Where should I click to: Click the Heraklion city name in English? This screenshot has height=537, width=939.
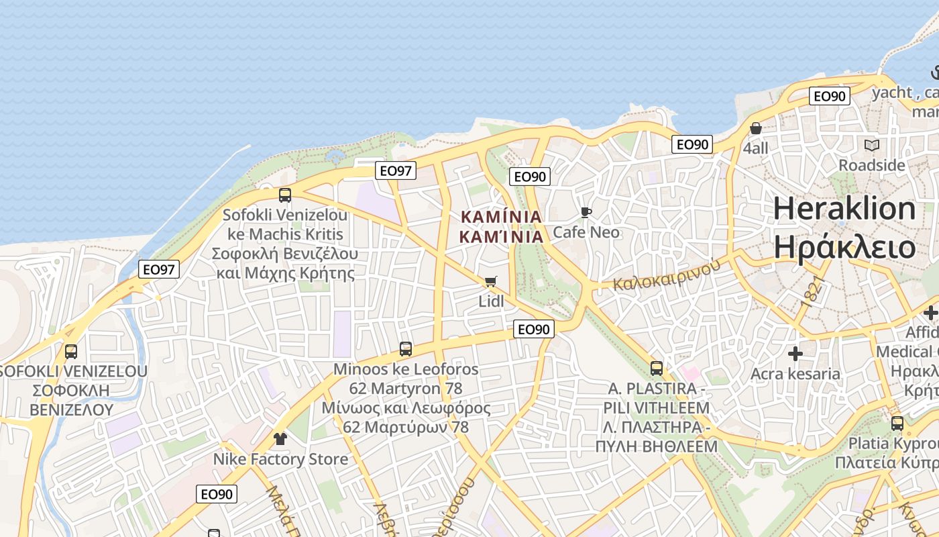pos(844,209)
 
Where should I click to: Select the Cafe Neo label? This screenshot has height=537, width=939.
pos(586,232)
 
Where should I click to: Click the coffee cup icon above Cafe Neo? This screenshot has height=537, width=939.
pos(586,213)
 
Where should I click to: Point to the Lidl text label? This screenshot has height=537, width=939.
pos(491,301)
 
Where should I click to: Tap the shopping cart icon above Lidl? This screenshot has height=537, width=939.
pos(491,281)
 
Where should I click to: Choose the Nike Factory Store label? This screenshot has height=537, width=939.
pos(280,459)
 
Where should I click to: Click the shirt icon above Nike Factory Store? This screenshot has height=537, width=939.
pos(280,439)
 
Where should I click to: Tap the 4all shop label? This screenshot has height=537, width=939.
pos(756,148)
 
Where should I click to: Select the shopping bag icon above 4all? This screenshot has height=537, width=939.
pos(756,128)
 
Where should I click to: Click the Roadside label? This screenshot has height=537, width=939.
pos(871,165)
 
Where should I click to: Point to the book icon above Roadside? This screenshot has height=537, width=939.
pos(871,145)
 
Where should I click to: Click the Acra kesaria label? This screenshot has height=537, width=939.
pos(795,374)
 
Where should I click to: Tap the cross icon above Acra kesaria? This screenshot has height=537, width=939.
pos(795,354)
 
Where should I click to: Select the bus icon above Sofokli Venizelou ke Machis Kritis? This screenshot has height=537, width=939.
pos(285,195)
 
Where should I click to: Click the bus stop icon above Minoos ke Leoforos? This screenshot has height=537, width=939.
pos(406,349)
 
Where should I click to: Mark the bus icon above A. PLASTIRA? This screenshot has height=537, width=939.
pos(657,369)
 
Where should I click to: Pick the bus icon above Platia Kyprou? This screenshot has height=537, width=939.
pos(897,424)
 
